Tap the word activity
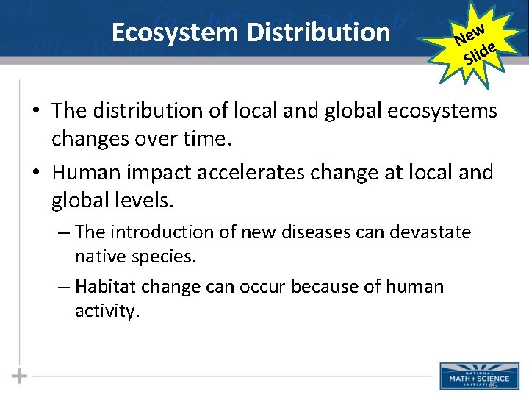(x=107, y=312)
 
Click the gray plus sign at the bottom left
(x=20, y=376)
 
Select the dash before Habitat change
(x=64, y=286)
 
